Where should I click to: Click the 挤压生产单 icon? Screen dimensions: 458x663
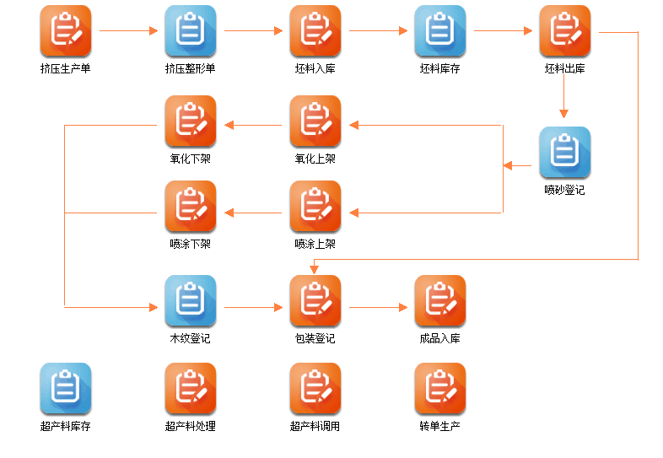click(65, 31)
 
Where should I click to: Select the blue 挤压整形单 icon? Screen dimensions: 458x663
click(190, 31)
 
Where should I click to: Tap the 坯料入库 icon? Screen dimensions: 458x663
click(315, 31)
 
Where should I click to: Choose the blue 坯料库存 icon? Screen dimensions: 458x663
click(439, 31)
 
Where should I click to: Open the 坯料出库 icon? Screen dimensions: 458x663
click(564, 31)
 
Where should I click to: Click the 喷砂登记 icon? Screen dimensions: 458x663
click(564, 153)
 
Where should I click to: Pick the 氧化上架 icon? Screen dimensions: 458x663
click(315, 121)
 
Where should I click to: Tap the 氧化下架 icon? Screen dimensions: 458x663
click(190, 121)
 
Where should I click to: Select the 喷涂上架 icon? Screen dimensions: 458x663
click(315, 207)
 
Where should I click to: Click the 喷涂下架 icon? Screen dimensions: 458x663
click(190, 207)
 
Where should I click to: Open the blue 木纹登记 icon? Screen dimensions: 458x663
click(190, 301)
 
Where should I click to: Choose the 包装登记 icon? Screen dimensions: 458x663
click(315, 301)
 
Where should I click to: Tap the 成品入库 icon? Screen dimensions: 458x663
click(439, 301)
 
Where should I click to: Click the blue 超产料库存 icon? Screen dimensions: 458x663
click(65, 389)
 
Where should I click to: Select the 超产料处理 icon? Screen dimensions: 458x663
click(190, 389)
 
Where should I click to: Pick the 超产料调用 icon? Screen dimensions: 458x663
click(315, 389)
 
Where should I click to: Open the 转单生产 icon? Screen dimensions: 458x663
click(439, 389)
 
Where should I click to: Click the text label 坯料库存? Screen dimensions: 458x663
click(439, 68)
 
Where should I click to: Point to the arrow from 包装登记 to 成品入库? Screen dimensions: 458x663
click(377, 308)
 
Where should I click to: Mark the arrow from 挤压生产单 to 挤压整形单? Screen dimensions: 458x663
click(128, 31)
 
